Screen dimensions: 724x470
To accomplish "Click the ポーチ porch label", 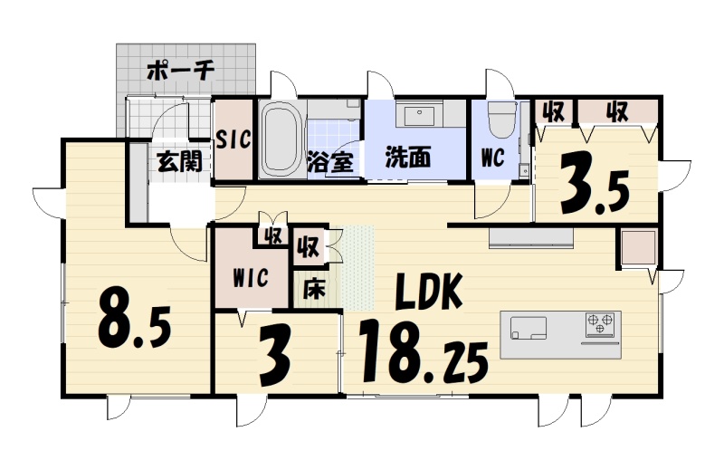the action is coord(180,72).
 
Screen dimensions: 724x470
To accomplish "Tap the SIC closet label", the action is coord(233,139).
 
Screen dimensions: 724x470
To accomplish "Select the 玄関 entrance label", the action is coord(179,161).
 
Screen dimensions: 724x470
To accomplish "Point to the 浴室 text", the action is coord(330,162).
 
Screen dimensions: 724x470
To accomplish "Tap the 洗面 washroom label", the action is coord(408,158).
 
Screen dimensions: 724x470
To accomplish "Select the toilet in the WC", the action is coord(502,120).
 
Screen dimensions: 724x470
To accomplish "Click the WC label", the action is coord(492,158).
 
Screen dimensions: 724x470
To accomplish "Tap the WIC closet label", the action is coord(251,278).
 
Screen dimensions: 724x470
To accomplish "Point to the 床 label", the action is coord(314,288).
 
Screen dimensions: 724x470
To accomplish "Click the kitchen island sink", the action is coord(529,328).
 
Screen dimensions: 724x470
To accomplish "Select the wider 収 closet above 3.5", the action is coord(616,111).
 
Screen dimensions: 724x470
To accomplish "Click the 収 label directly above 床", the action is coord(309,247).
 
